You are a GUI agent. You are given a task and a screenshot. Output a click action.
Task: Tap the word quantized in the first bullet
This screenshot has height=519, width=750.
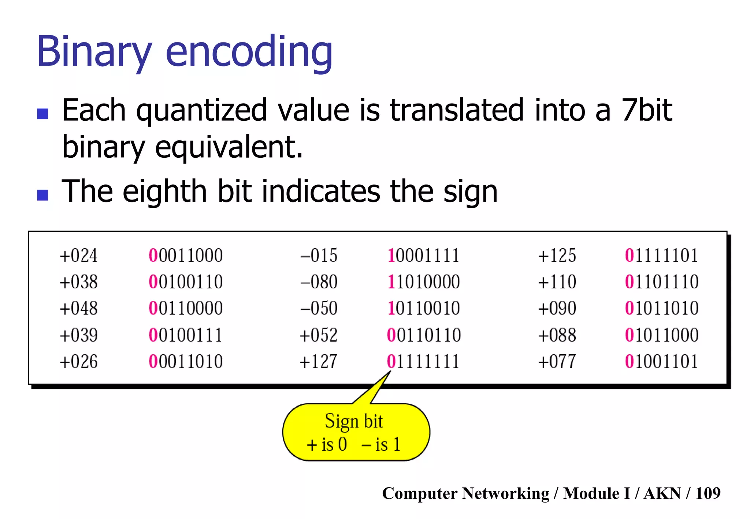[201, 111]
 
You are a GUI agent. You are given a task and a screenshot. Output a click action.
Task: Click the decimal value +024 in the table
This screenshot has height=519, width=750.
[78, 255]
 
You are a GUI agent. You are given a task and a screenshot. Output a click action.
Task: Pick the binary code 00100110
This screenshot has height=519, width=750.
[186, 282]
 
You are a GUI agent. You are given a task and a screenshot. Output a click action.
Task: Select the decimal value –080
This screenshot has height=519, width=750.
[319, 282]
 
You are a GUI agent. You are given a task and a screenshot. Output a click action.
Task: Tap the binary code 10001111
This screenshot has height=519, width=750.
[423, 255]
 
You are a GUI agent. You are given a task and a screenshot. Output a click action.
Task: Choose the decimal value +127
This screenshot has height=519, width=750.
[318, 362]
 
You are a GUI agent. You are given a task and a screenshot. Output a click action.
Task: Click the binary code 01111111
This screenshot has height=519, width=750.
[423, 362]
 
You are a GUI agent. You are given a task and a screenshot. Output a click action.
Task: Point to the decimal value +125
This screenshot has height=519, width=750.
[557, 255]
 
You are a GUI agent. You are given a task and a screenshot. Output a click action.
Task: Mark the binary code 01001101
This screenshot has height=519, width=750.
[661, 362]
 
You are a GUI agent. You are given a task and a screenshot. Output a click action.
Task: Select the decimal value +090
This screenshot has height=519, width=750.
[557, 308]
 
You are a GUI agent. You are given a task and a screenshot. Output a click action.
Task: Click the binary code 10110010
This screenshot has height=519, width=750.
[423, 308]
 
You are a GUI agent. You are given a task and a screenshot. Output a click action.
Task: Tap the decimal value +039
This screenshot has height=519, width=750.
[78, 335]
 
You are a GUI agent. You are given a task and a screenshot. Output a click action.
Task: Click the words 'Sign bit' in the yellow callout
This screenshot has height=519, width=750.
[354, 421]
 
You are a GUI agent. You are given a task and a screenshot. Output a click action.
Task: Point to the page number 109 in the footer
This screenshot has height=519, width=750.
[708, 493]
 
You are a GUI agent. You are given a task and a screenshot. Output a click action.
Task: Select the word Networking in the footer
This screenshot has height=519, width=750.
[505, 493]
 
